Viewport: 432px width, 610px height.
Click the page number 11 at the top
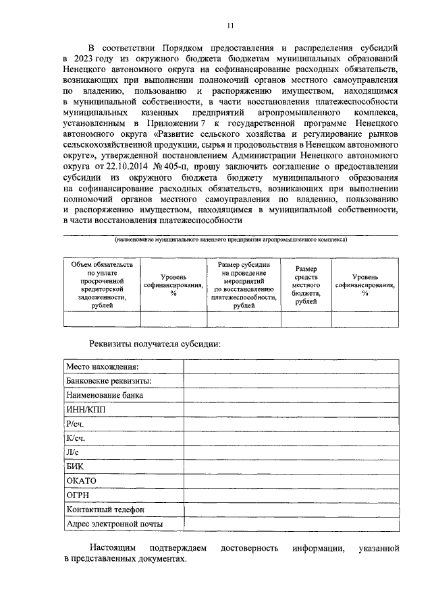coord(230,26)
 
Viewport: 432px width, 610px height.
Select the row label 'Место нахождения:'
coord(102,366)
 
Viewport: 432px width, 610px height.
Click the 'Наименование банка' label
coord(104,395)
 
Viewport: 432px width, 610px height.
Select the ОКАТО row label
coord(82,480)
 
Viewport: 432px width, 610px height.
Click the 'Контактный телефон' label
coord(105,509)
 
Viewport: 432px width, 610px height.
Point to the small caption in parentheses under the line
coord(230,239)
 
